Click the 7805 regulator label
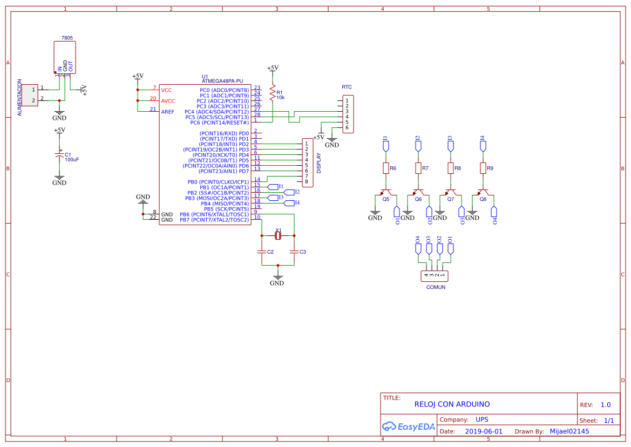pos(67,38)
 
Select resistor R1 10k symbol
pos(273,94)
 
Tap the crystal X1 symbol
pos(278,235)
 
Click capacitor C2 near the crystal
pos(262,252)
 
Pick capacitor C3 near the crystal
pos(294,252)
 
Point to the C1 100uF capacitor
pos(59,155)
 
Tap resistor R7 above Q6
pos(418,168)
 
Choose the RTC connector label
pos(347,87)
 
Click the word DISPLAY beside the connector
pos(318,162)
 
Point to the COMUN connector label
pos(436,287)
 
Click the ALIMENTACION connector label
pos(20,98)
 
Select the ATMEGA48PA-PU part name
pos(222,81)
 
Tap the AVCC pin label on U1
pos(168,101)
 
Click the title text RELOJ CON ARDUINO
pos(452,404)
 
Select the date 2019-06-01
pos(483,431)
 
